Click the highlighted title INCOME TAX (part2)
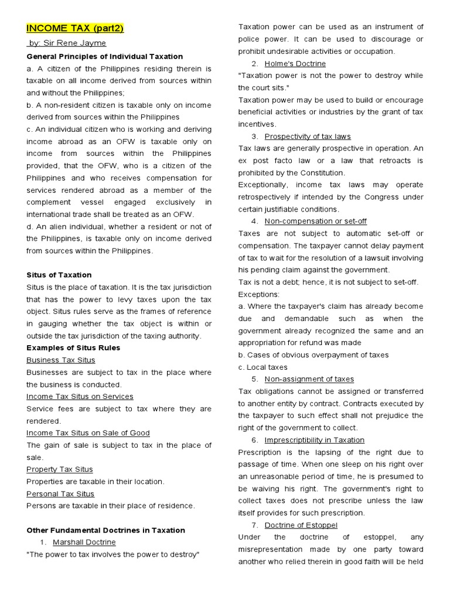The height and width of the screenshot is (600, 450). [74, 29]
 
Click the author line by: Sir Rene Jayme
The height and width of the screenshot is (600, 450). [67, 43]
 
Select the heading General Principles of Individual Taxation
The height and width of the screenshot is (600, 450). [105, 56]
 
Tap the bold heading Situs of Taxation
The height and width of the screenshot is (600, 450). [59, 275]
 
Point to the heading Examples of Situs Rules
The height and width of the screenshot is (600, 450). [73, 347]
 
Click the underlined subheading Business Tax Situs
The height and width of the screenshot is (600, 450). [60, 360]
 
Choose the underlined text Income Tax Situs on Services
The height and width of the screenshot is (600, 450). [80, 397]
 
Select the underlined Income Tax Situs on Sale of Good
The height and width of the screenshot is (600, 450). [88, 433]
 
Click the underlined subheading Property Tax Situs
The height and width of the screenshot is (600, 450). [59, 469]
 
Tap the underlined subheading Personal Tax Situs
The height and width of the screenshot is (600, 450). [60, 494]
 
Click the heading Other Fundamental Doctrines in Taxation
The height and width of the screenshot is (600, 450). [105, 530]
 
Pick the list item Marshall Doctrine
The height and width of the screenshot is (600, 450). [84, 543]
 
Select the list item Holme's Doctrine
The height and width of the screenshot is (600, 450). [295, 63]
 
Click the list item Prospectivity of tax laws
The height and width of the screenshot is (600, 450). [308, 137]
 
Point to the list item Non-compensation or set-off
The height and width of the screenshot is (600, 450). [315, 221]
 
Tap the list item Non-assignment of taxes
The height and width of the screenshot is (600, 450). [309, 379]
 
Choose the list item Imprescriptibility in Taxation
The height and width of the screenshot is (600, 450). [314, 440]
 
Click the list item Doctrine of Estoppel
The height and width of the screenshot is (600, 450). [301, 525]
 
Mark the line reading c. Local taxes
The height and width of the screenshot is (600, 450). [262, 367]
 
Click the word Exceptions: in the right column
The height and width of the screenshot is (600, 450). [259, 294]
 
